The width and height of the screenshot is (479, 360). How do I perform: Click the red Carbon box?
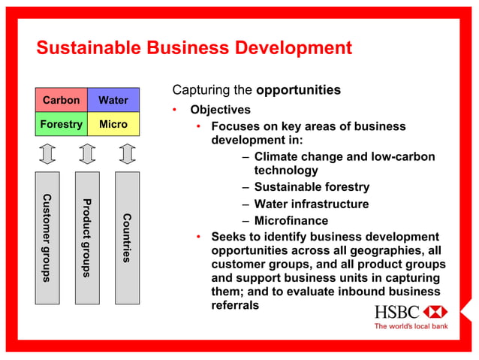(61, 100)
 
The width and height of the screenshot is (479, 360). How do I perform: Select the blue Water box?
(113, 100)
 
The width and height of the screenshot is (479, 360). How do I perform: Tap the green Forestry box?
(61, 124)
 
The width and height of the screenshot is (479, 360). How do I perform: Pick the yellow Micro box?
(113, 124)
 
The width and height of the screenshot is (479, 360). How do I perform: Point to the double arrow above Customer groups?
(47, 153)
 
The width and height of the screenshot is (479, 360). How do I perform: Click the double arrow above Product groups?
(86, 153)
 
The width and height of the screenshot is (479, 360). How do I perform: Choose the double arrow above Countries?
(127, 153)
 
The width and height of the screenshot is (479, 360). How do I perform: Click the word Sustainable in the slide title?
(85, 49)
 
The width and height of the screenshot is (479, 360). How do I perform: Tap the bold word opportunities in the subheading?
(298, 90)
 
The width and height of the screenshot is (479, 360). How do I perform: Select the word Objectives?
(220, 110)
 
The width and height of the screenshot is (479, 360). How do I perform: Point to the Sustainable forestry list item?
(312, 187)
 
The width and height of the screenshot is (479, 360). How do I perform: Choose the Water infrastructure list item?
(312, 204)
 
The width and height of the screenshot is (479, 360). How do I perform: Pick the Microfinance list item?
(291, 220)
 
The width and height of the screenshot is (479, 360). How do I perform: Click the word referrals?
(235, 305)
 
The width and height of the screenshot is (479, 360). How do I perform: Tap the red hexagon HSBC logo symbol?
(435, 312)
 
